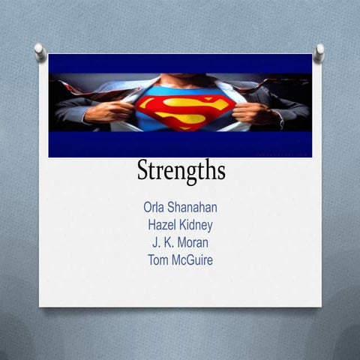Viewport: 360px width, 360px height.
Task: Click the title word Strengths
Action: [181, 171]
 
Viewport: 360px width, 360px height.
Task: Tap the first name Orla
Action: [156, 206]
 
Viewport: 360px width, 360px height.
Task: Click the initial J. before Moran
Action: [156, 242]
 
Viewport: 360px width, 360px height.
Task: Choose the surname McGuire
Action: [193, 260]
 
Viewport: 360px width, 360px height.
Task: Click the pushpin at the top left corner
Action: [40, 52]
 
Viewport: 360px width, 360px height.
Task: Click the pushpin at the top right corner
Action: [319, 52]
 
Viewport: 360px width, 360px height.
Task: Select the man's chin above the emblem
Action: [181, 79]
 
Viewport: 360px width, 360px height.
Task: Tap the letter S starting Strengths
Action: [143, 170]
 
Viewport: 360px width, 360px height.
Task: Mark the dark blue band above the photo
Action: [180, 63]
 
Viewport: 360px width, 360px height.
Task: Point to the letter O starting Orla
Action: [148, 206]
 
